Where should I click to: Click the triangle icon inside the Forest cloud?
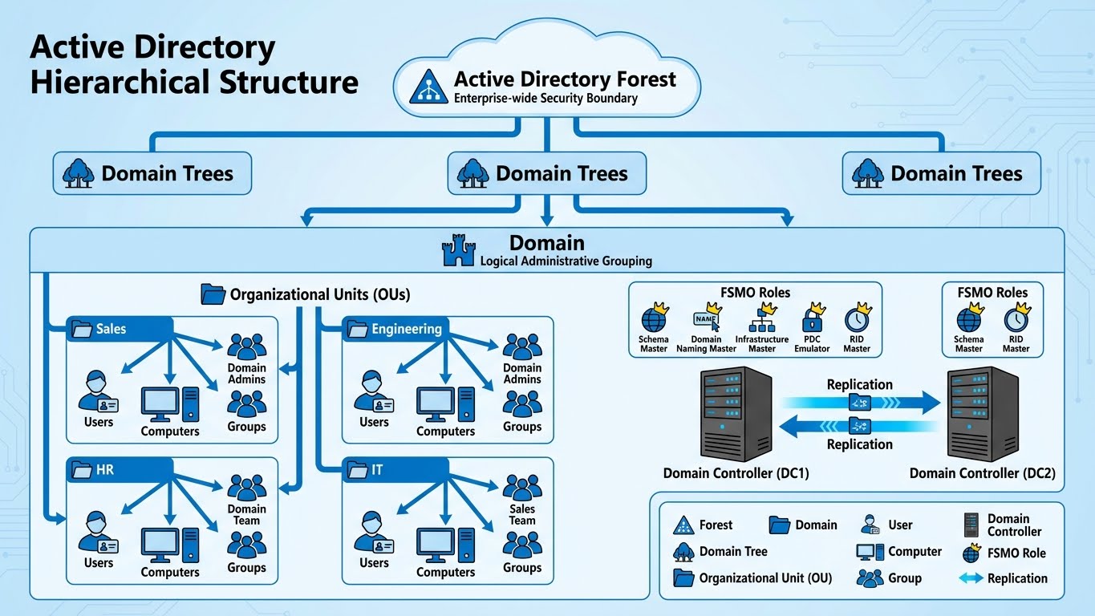tap(428, 87)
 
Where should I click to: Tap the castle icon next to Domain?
tap(459, 250)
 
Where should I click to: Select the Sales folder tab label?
tap(112, 329)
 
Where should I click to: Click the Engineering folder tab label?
tap(406, 329)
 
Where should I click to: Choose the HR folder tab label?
tap(105, 470)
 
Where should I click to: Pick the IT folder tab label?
tap(377, 470)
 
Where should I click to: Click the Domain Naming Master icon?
tap(706, 319)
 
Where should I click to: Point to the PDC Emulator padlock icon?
tap(813, 319)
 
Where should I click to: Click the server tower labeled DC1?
tap(736, 413)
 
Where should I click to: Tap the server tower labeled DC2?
tap(983, 413)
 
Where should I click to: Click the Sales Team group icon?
tap(522, 488)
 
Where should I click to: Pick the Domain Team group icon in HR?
tap(246, 488)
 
